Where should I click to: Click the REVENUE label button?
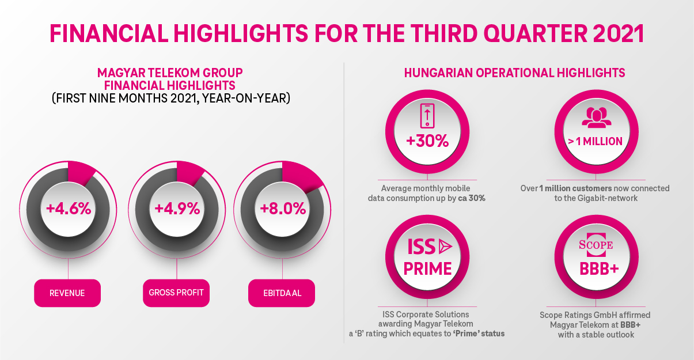coord(67,293)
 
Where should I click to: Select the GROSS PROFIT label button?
coord(176,293)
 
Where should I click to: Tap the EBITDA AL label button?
coord(282,293)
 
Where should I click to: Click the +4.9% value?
coord(176,209)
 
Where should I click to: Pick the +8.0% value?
coord(282,209)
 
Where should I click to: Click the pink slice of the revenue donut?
coord(81,172)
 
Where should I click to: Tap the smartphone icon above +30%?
coord(426,115)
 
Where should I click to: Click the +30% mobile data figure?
coord(426,141)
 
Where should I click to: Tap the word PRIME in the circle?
coord(427,268)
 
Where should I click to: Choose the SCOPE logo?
coord(596,245)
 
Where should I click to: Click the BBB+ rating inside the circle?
coord(596,268)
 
